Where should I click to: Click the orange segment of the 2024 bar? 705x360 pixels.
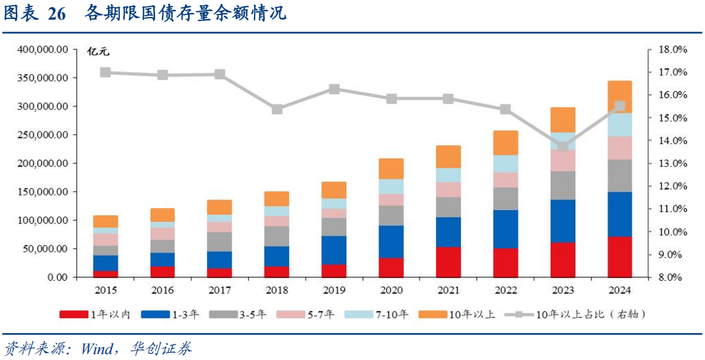[620, 97]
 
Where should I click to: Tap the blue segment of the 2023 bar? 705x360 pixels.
[563, 221]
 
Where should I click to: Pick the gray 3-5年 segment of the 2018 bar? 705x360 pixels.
[277, 236]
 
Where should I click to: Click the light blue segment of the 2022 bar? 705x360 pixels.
[505, 164]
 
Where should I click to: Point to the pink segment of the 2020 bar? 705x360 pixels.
[391, 200]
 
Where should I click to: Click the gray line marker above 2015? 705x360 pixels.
[105, 72]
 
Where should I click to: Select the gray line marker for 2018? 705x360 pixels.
[277, 109]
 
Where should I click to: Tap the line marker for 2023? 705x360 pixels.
[563, 146]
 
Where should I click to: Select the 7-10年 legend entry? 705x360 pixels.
[391, 315]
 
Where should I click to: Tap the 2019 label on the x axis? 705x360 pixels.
[334, 289]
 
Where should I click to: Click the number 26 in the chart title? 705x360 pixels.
[57, 14]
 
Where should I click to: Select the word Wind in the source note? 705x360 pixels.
[99, 348]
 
